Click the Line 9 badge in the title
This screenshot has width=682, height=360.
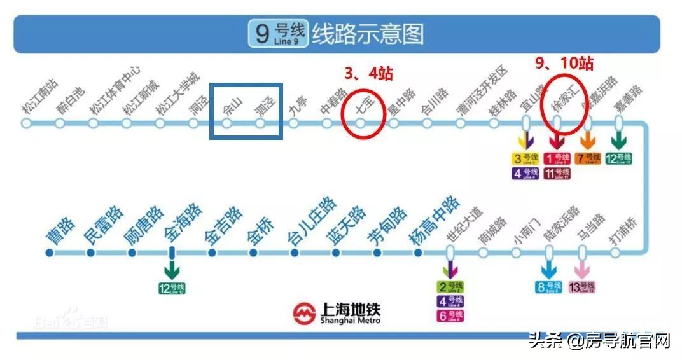(278, 33)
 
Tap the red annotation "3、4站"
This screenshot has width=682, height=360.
(368, 74)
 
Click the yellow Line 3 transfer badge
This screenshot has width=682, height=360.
(526, 158)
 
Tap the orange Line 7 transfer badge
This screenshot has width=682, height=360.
(588, 158)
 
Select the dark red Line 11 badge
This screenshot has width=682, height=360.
(557, 173)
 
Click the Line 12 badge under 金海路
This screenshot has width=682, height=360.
(172, 288)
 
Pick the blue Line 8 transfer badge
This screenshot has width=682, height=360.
(548, 287)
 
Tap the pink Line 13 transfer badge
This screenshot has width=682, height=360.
(581, 287)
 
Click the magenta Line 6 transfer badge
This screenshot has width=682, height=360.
(450, 315)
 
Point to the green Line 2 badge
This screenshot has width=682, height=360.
(450, 287)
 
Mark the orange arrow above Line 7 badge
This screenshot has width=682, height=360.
(588, 140)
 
